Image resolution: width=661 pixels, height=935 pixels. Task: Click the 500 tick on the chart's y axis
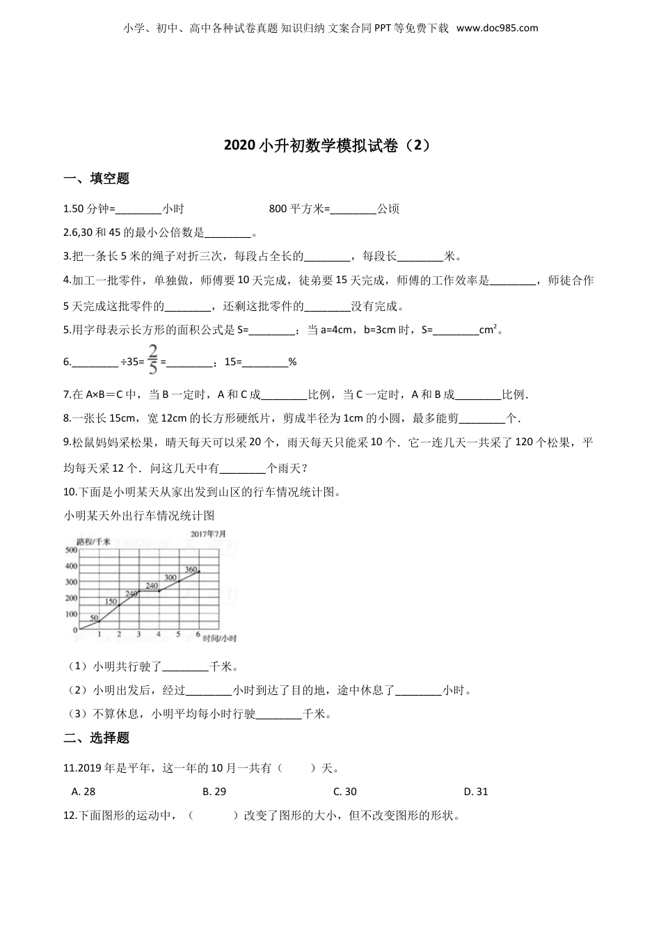pos(70,550)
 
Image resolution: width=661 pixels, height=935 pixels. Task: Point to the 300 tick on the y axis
pos(70,582)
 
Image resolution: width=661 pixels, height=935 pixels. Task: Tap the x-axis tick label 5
pos(179,634)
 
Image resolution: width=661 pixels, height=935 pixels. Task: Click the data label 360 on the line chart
pos(191,570)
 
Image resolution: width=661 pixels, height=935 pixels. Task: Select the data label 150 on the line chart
pos(111,601)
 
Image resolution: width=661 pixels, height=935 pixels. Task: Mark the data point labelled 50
pos(99,622)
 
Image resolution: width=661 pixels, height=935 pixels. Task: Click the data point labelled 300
pos(179,582)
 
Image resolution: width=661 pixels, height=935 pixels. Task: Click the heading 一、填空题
pos(97,179)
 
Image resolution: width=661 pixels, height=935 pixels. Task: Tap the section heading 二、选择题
pos(97,738)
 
